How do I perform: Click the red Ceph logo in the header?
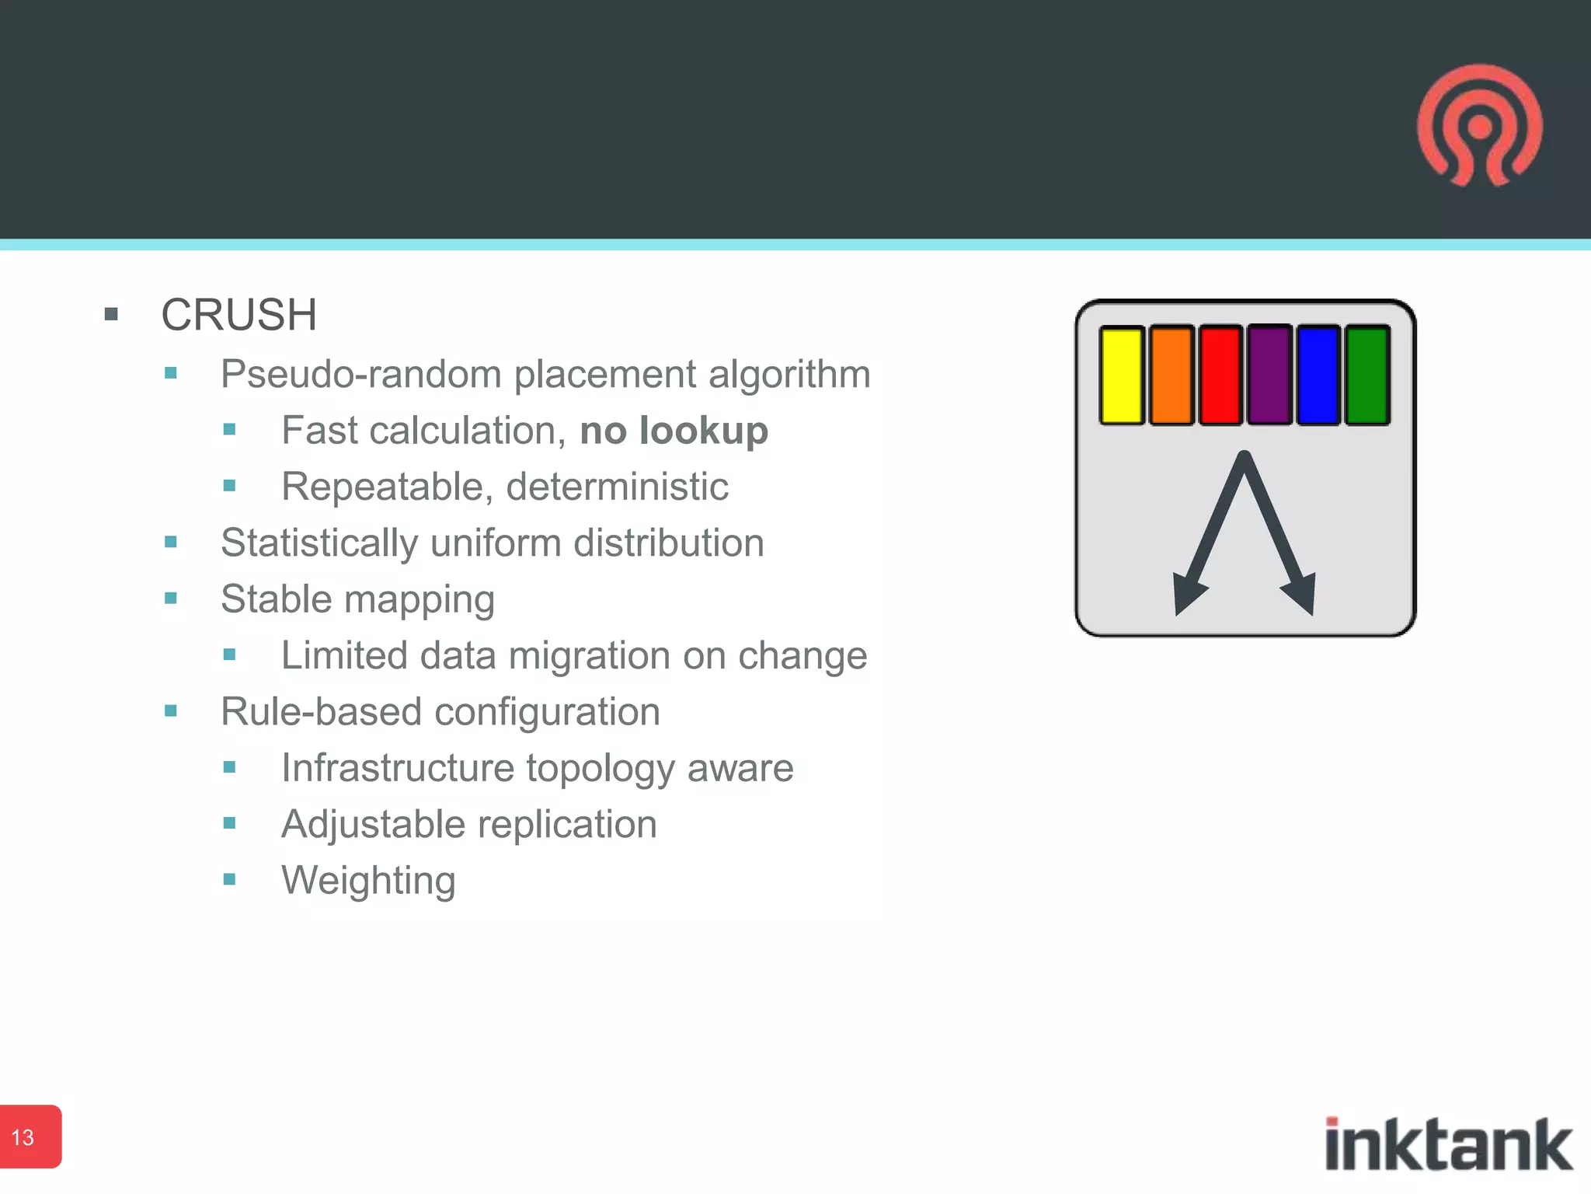click(1480, 126)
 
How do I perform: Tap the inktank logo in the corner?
click(1448, 1144)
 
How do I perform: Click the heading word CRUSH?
click(239, 315)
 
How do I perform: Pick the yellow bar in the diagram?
click(1122, 375)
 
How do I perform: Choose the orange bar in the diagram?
click(1171, 375)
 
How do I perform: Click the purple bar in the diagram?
click(1269, 375)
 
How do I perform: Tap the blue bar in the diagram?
click(1318, 375)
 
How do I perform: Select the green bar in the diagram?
click(1367, 375)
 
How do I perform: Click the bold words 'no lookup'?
click(674, 431)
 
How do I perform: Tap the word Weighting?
click(368, 881)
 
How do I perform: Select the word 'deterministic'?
click(618, 487)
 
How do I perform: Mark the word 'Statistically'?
click(319, 543)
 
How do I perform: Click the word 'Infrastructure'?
click(398, 768)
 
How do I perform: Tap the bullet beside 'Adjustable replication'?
click(229, 823)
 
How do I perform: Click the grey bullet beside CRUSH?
click(111, 315)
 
